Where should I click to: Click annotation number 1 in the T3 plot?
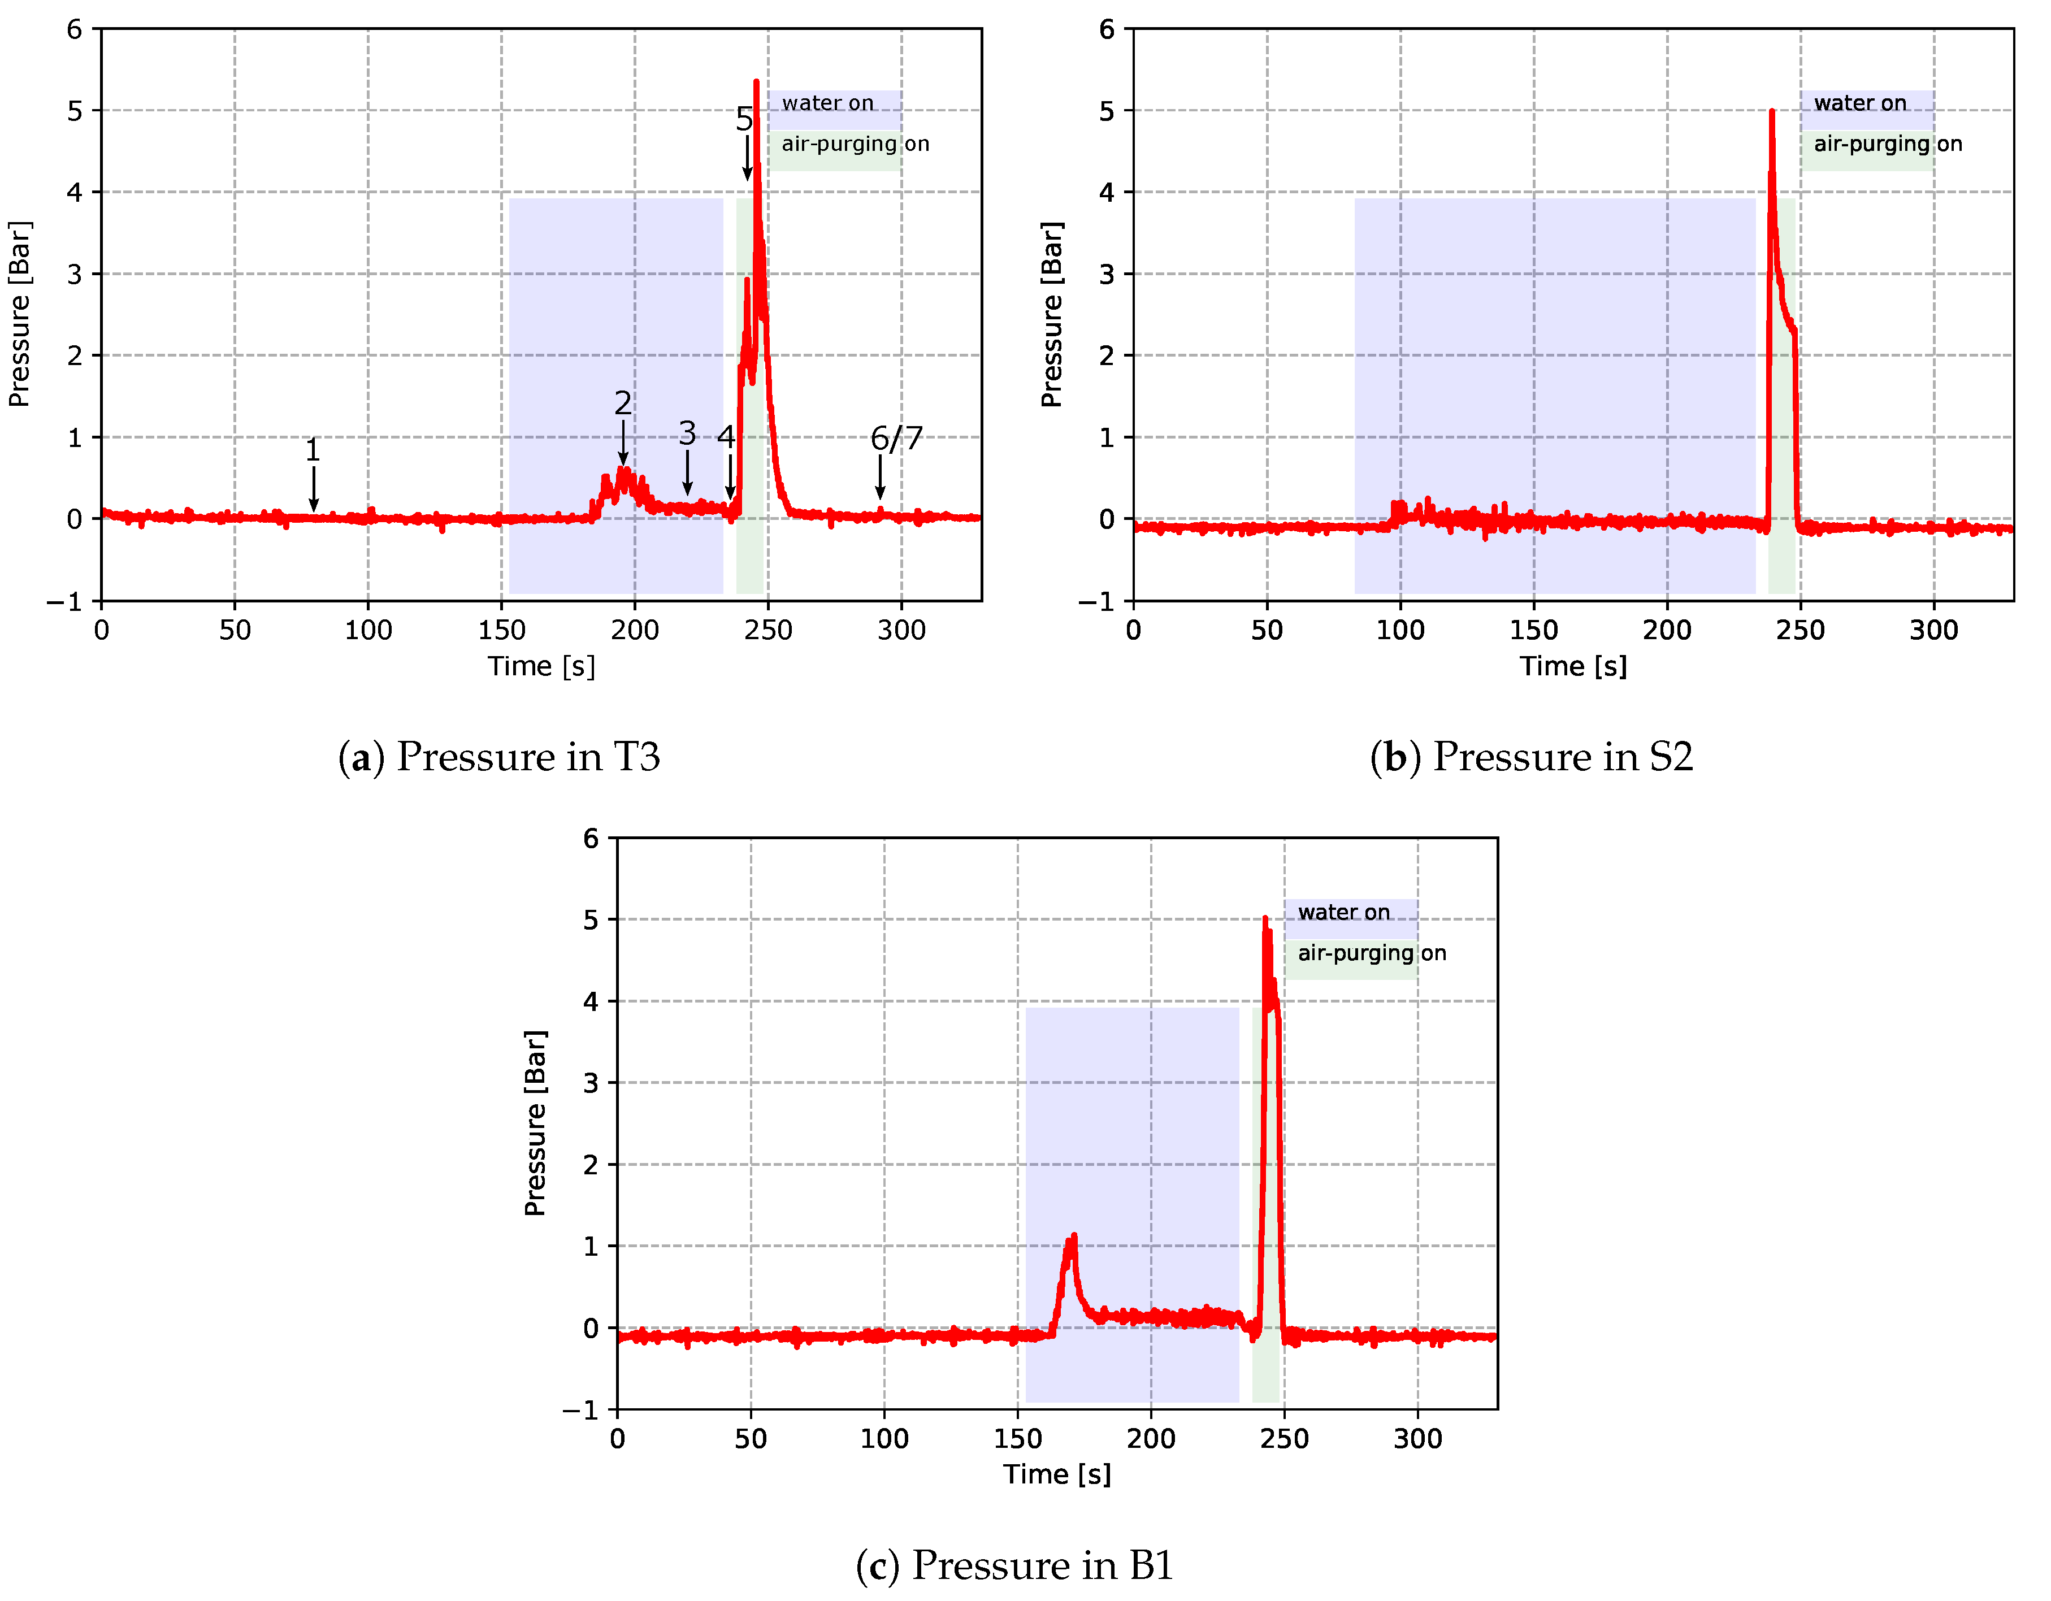click(313, 450)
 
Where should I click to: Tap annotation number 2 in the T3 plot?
click(623, 403)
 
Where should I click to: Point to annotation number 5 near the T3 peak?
click(744, 119)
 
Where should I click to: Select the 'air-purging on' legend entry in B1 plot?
click(1371, 953)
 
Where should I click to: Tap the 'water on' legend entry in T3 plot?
click(827, 103)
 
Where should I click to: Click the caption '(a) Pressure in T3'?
click(498, 757)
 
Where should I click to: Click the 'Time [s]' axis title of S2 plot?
click(1573, 666)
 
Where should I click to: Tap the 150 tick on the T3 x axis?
click(501, 630)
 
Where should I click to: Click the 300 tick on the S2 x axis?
click(1933, 630)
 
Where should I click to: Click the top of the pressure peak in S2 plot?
click(1772, 112)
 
